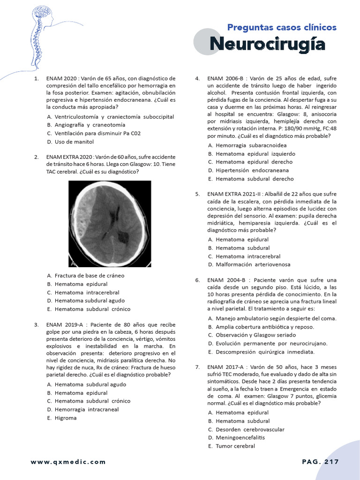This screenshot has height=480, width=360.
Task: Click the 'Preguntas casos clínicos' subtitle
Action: [x=282, y=27]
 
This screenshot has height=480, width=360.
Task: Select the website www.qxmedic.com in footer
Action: [x=68, y=462]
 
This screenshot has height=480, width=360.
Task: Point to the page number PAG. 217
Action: [x=320, y=462]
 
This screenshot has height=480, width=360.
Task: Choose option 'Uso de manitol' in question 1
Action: [x=74, y=142]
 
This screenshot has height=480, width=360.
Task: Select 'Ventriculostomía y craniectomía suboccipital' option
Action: [x=114, y=116]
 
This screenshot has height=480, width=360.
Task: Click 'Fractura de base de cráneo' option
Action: [x=89, y=276]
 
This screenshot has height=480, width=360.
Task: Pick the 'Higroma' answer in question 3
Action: [x=65, y=418]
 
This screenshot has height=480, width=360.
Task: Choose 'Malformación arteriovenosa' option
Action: [x=253, y=264]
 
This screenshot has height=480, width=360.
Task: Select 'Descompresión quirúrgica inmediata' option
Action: [x=265, y=352]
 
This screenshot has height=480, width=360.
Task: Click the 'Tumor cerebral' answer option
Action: [x=235, y=446]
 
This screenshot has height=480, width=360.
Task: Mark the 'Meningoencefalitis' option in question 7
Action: [x=240, y=437]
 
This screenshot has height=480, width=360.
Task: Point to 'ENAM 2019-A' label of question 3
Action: [x=65, y=324]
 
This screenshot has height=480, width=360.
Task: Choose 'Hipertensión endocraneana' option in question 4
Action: [x=252, y=170]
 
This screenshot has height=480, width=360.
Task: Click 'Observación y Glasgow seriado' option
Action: [x=255, y=335]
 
